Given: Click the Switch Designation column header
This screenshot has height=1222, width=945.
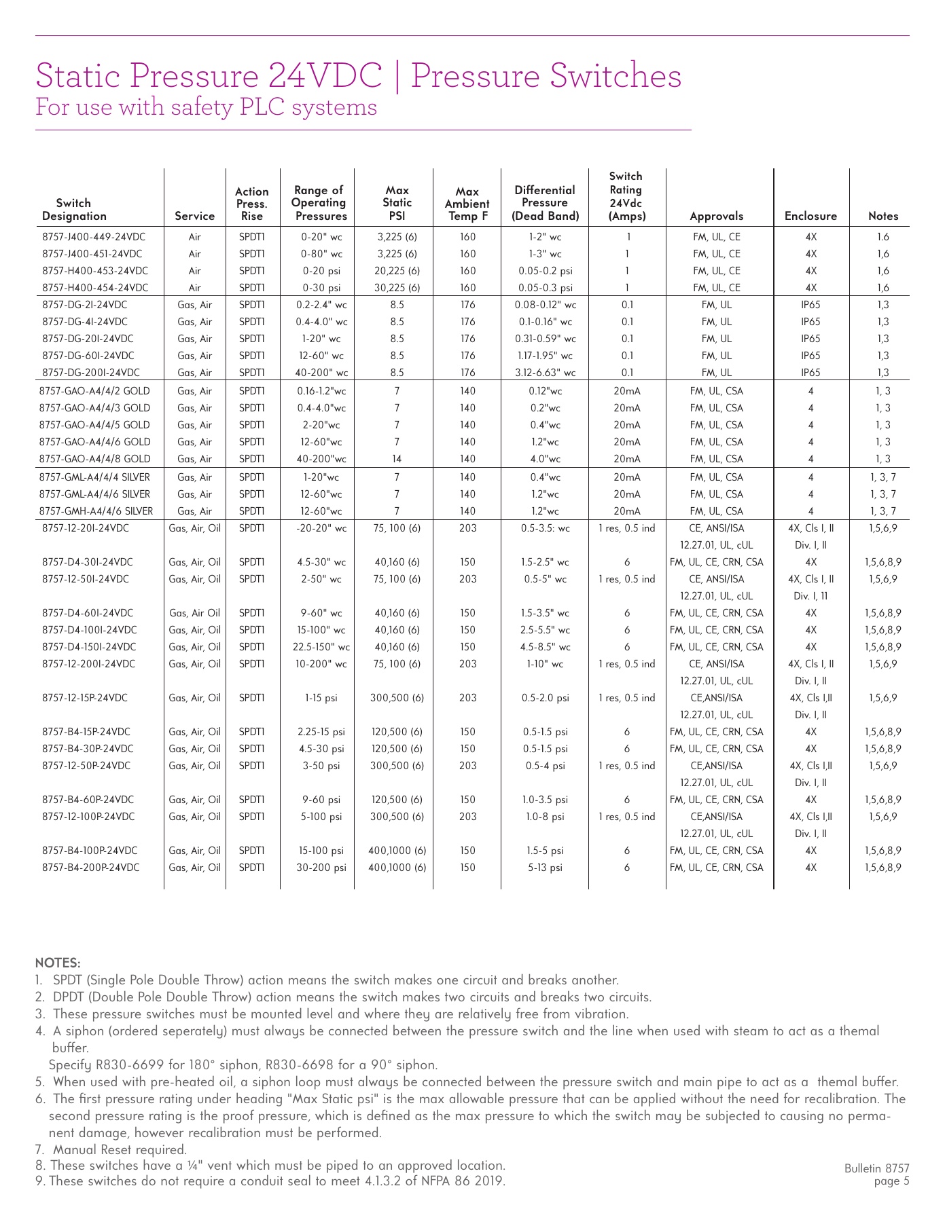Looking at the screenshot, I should click(x=74, y=209).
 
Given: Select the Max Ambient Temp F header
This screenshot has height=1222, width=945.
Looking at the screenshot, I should click(x=467, y=204).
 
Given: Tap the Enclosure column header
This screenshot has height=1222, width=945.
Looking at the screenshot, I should click(x=810, y=217).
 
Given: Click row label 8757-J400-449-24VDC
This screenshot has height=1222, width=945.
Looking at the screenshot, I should click(x=94, y=237).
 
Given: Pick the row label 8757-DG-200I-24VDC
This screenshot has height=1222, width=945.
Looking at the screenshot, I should click(x=91, y=373).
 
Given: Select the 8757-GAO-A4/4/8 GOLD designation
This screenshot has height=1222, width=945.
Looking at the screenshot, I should click(x=95, y=459).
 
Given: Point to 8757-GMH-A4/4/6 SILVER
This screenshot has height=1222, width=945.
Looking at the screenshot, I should click(x=96, y=511).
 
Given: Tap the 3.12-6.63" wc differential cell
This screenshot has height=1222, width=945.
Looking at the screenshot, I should click(x=545, y=373).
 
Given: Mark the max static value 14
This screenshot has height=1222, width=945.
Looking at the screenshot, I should click(x=397, y=459).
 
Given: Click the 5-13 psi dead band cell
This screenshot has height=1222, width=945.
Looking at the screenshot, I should click(x=545, y=868).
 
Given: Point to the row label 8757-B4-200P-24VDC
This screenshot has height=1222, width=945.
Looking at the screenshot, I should click(x=91, y=868).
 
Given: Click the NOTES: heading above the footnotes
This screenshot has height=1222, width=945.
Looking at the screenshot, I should click(x=58, y=963).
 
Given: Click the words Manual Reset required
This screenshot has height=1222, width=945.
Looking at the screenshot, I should click(x=120, y=1149).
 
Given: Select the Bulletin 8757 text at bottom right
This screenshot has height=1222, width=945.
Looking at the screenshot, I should click(x=876, y=1168).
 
